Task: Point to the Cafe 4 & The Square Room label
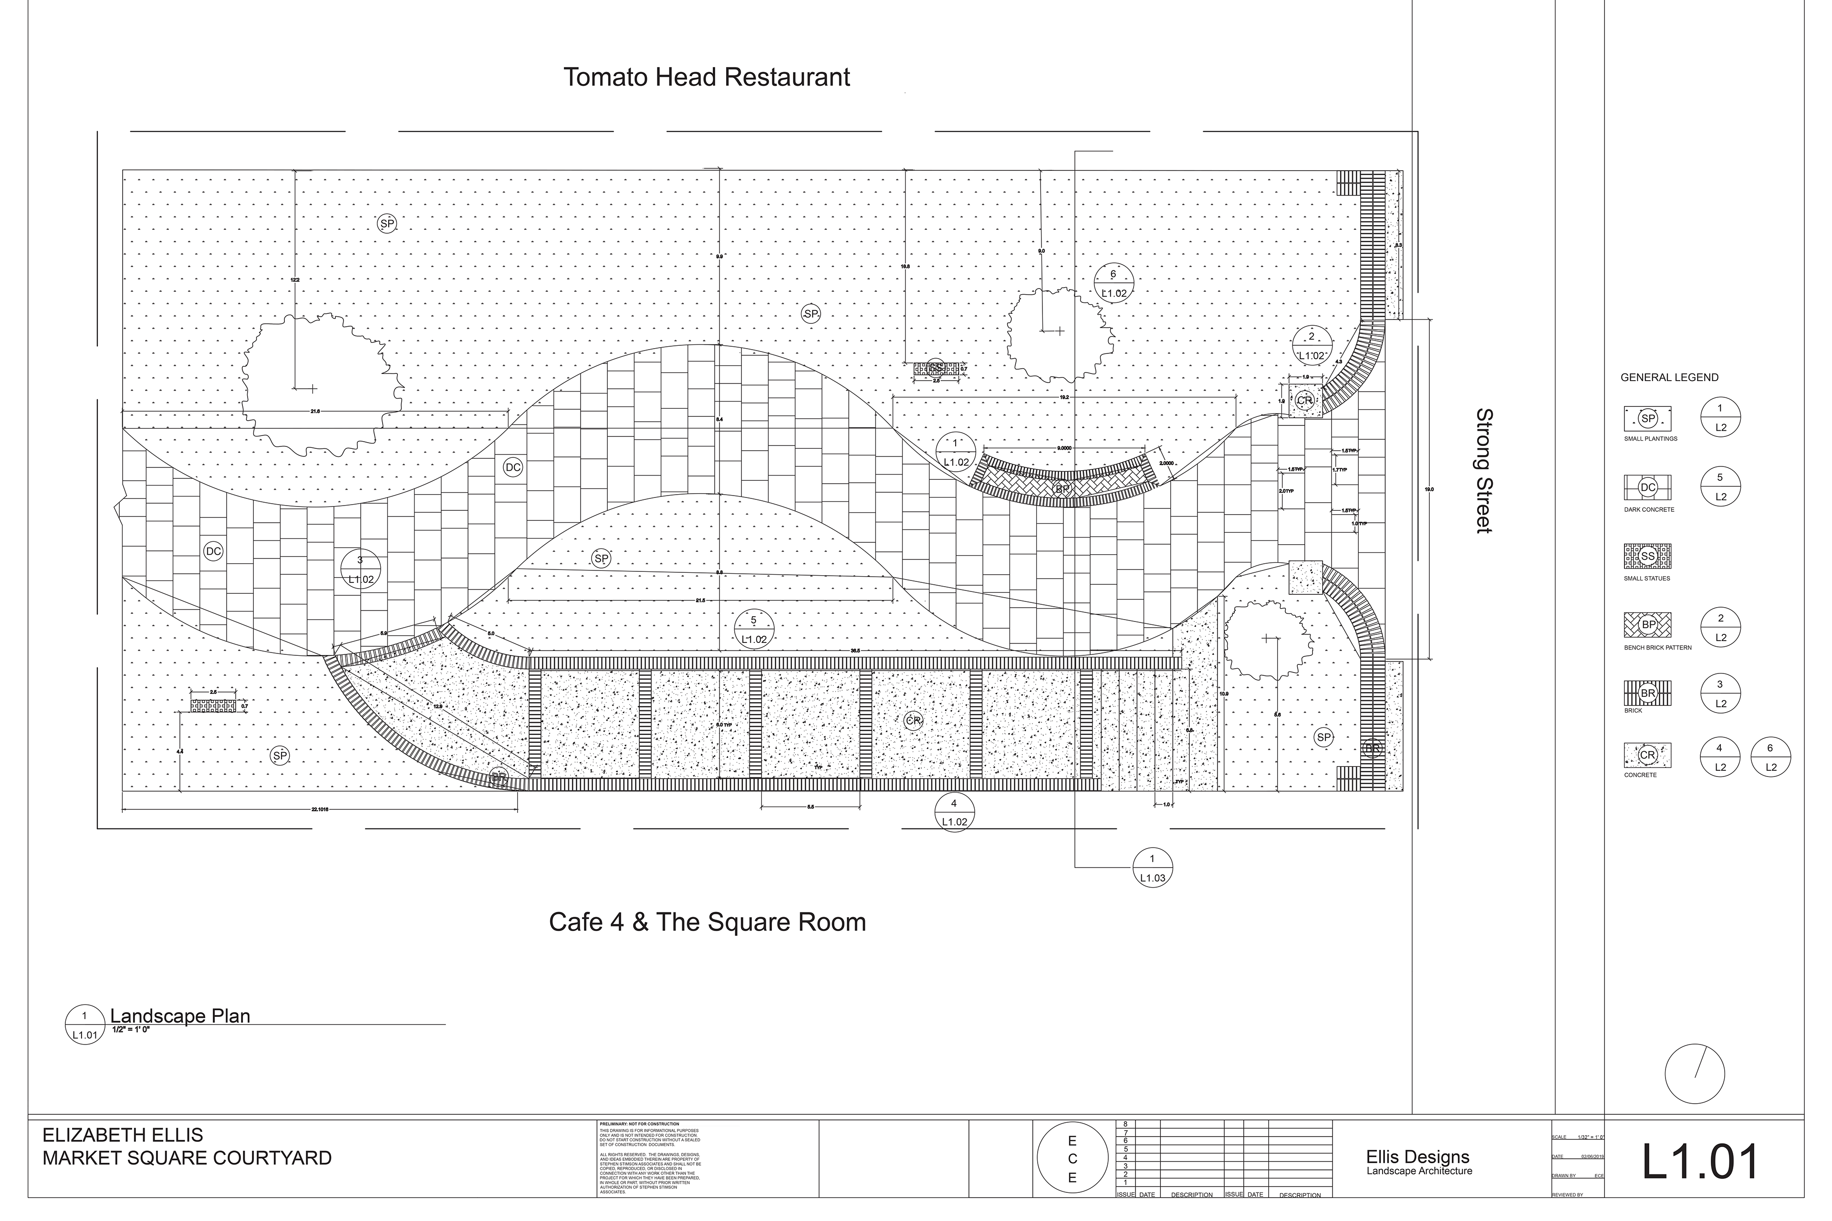(x=707, y=922)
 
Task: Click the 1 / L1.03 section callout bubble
(x=1152, y=867)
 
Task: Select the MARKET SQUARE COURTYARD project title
(x=187, y=1158)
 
